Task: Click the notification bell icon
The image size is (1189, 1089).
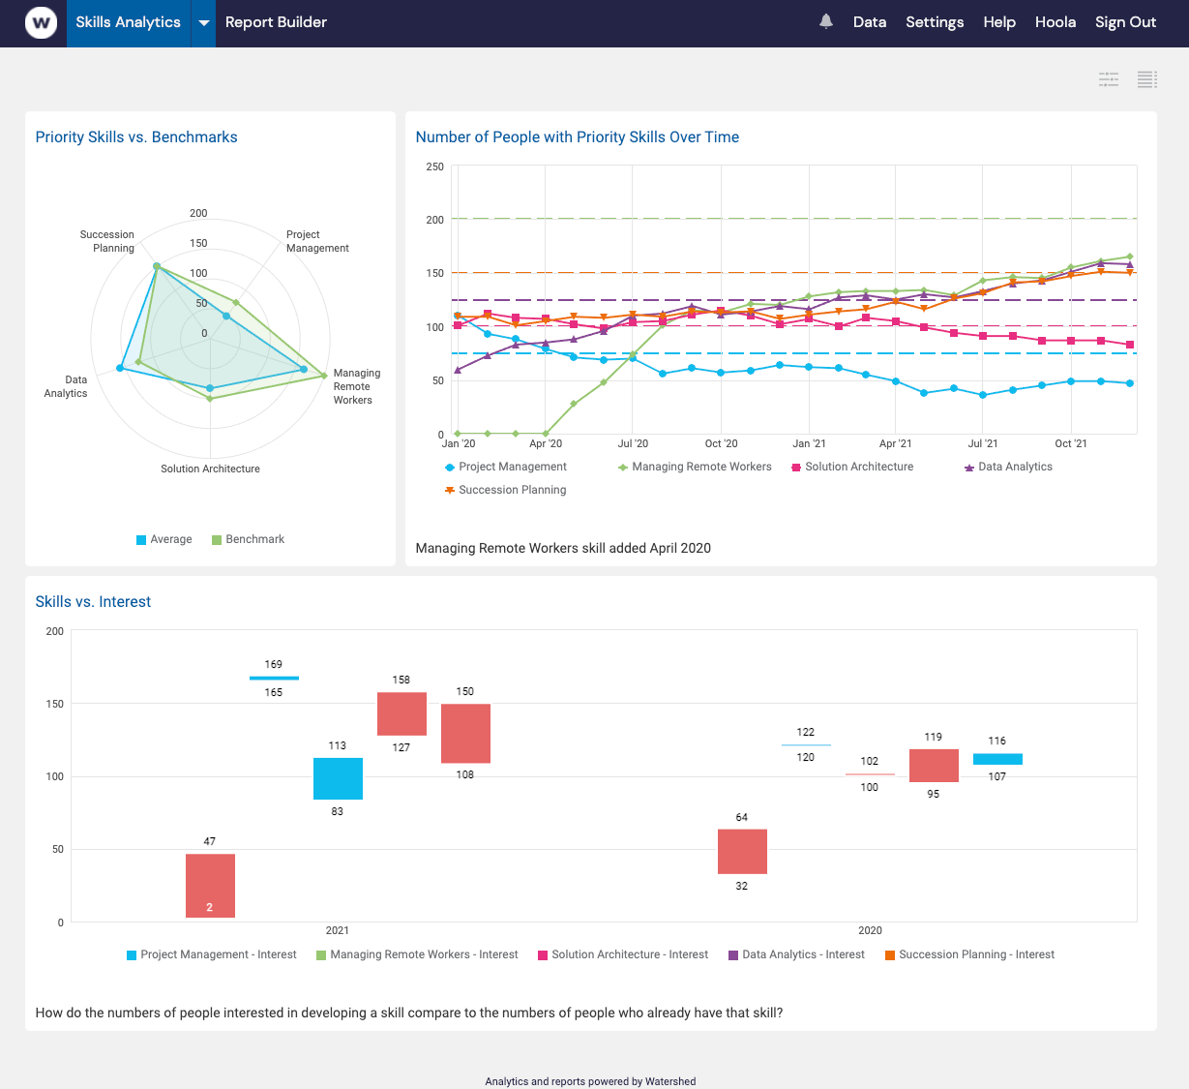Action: [x=825, y=21]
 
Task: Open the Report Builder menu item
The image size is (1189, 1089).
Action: [x=276, y=22]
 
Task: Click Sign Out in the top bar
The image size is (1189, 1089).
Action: [x=1125, y=22]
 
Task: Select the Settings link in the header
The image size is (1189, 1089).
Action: [x=934, y=22]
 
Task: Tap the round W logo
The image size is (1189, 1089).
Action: [x=41, y=22]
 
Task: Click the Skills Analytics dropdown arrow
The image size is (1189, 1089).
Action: [x=203, y=22]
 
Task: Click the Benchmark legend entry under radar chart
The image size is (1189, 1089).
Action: [x=248, y=539]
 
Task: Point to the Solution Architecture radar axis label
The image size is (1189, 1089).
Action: [x=210, y=469]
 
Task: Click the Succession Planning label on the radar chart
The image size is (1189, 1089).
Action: [x=107, y=241]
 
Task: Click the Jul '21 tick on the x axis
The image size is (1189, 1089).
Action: [x=982, y=443]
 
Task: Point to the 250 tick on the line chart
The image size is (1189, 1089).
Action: [x=434, y=166]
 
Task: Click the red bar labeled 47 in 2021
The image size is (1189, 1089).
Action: [x=210, y=885]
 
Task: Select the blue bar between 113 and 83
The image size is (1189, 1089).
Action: [x=338, y=778]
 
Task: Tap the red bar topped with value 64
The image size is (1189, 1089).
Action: [x=742, y=851]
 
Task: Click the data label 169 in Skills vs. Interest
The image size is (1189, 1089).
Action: [x=274, y=664]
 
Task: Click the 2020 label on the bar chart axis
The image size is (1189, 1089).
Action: [x=870, y=930]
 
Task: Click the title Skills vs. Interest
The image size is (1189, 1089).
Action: [x=93, y=601]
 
